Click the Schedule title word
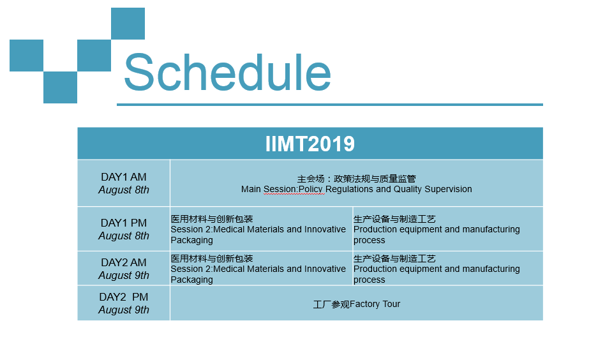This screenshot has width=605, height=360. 227,72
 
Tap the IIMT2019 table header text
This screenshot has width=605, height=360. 310,144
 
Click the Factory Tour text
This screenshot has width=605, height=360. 375,304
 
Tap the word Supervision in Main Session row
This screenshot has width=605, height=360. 448,189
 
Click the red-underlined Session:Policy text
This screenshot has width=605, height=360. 294,190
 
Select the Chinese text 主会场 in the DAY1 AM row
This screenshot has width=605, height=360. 311,179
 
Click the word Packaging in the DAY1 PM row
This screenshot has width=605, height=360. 191,241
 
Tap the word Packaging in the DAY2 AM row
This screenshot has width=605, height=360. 191,280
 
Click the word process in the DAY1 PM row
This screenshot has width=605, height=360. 370,241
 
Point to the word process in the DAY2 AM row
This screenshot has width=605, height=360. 370,280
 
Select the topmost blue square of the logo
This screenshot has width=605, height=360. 128,24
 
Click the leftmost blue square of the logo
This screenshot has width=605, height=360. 27,56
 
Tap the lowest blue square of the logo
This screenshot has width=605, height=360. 60,87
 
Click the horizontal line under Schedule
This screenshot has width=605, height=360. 330,105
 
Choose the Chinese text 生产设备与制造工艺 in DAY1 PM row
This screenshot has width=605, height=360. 394,219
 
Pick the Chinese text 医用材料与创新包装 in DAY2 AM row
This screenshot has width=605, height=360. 212,259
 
